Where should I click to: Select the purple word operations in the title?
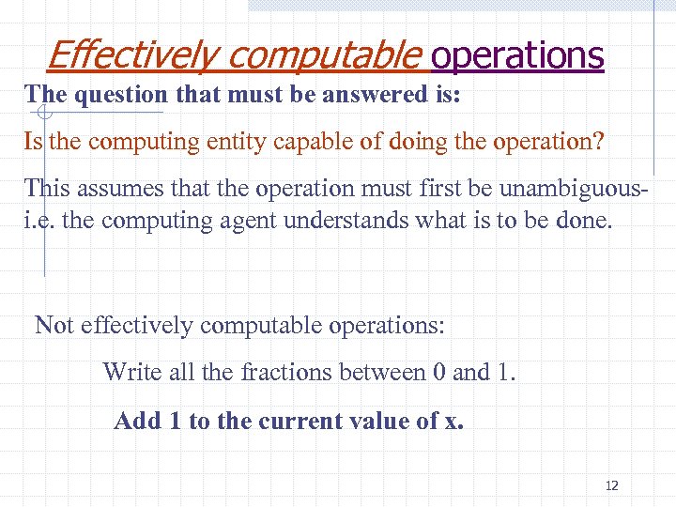pyautogui.click(x=516, y=55)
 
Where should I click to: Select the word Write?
pyautogui.click(x=131, y=372)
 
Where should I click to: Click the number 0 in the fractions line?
pyautogui.click(x=438, y=372)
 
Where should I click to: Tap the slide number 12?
pyautogui.click(x=612, y=485)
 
